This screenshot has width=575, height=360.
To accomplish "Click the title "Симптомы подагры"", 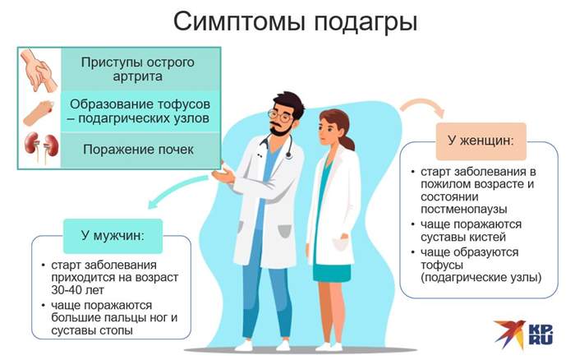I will click(287, 22).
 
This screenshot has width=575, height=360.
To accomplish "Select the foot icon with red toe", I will click(38, 111).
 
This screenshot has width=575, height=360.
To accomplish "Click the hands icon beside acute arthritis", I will click(38, 70).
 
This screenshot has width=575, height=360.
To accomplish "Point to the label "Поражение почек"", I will click(138, 150).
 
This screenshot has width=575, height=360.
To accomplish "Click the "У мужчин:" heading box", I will click(113, 236).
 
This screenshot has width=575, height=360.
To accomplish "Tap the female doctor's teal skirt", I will click(332, 272).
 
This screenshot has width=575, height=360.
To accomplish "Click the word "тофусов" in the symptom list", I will click(177, 104).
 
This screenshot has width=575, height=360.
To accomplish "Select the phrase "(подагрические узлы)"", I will click(480, 277).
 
